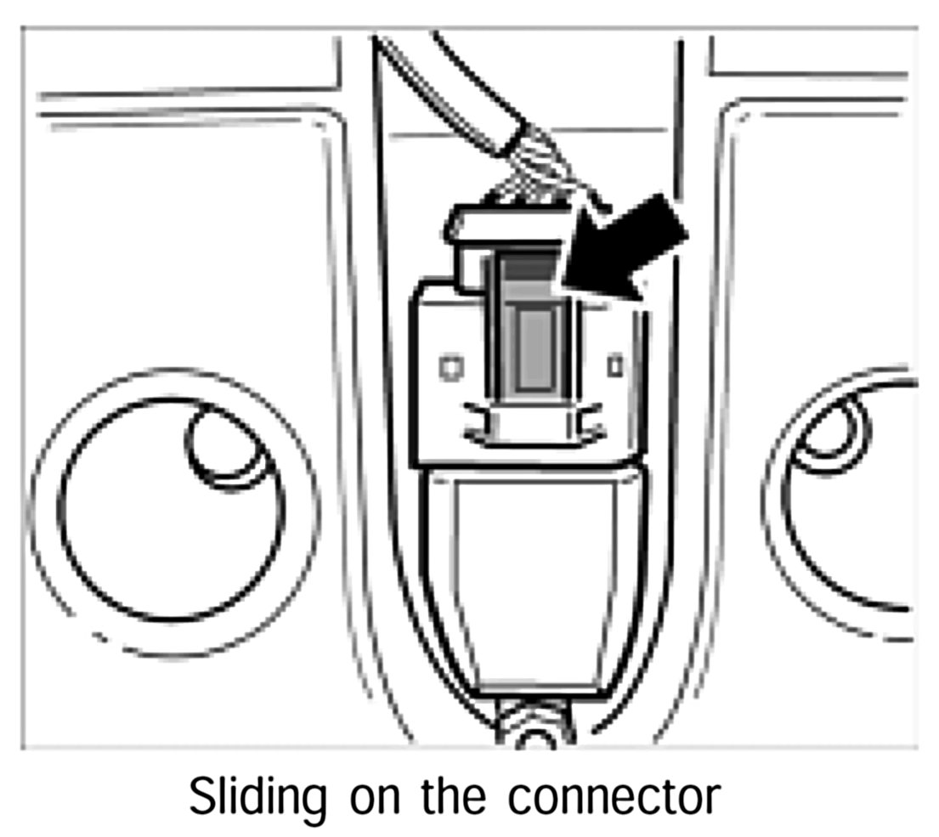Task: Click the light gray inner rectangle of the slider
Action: coord(534,348)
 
